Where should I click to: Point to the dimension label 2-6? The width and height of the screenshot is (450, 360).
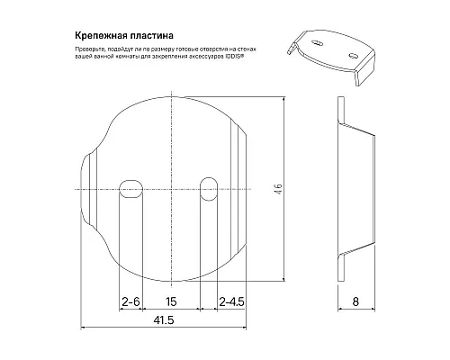point(131,302)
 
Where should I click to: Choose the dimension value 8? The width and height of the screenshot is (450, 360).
point(357,302)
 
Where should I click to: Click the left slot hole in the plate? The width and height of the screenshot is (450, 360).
point(130,184)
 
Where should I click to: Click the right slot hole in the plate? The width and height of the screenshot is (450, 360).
point(208,184)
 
